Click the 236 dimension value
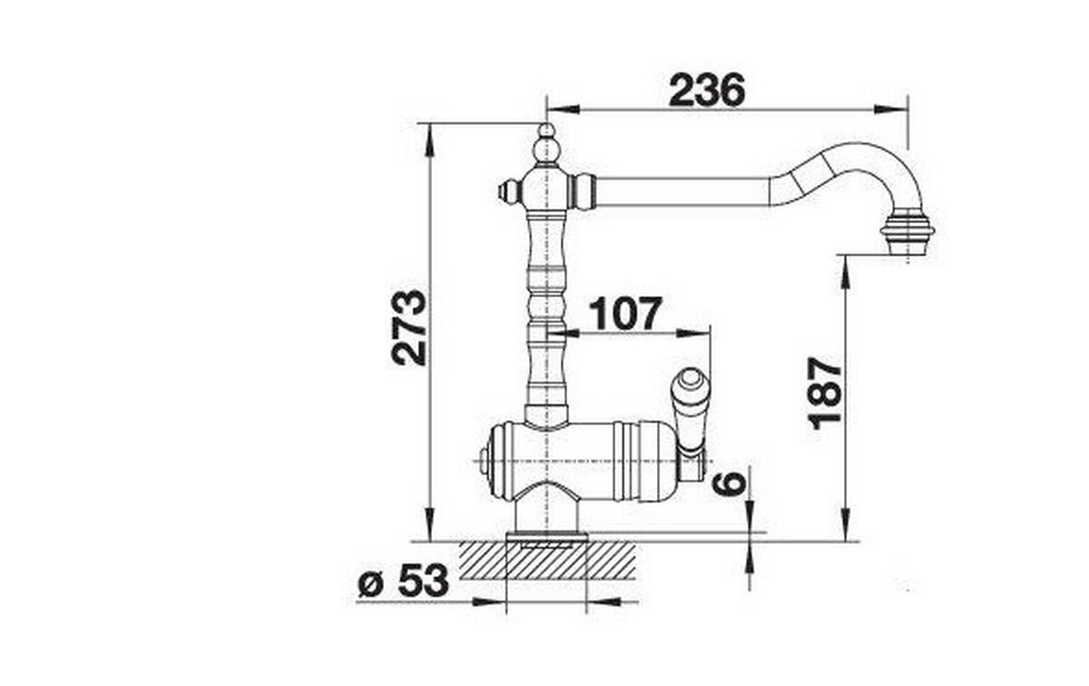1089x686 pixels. [707, 91]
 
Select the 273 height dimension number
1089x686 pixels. [409, 328]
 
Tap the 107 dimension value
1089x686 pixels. [625, 313]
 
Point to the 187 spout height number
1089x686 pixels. [826, 394]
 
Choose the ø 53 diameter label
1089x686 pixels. [403, 581]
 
